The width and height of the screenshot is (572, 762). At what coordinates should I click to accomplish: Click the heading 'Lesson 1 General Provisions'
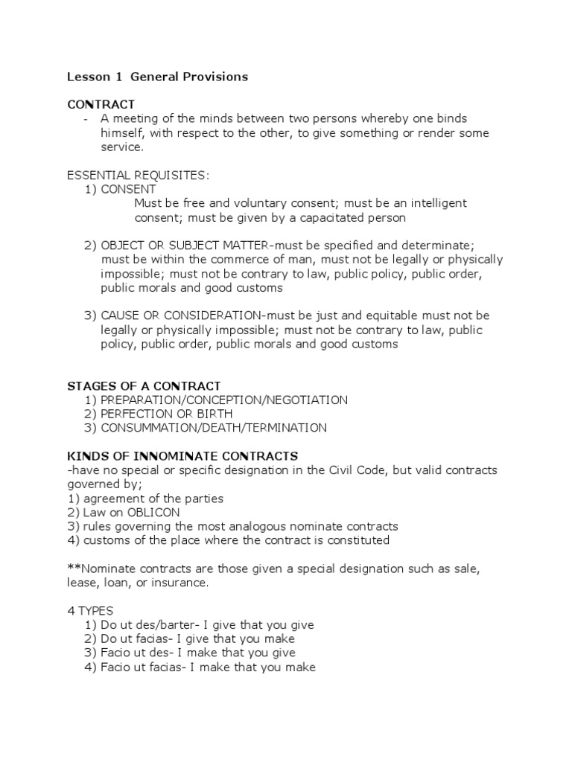tap(157, 77)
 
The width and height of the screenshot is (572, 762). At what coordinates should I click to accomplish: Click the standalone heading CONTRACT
tap(101, 104)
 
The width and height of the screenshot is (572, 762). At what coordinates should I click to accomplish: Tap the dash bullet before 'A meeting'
tap(87, 119)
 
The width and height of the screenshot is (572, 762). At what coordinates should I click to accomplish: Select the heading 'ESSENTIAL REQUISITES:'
tap(139, 175)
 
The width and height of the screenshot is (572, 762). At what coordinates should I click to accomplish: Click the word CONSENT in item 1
tap(128, 189)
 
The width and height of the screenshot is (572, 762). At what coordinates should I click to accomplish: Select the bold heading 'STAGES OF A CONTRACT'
tap(144, 385)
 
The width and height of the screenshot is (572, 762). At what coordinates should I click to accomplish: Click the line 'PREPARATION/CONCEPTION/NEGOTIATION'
tap(223, 400)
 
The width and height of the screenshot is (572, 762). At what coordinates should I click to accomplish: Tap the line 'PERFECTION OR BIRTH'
tap(166, 414)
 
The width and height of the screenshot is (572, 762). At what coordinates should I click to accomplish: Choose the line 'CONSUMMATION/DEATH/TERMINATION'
tap(213, 428)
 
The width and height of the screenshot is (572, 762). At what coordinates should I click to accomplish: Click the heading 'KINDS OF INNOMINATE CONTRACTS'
tap(182, 455)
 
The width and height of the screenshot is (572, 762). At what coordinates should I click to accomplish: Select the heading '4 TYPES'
tap(90, 611)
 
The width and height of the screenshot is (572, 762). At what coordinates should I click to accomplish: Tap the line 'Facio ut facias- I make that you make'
tap(208, 667)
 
